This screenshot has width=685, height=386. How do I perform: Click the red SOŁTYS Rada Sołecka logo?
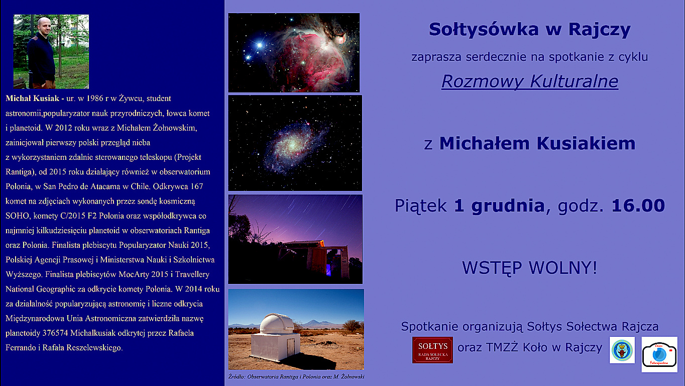point(432,350)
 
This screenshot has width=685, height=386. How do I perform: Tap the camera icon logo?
point(659,354)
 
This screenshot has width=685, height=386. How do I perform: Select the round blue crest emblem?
point(622,350)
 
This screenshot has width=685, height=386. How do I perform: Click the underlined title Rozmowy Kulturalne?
point(530,81)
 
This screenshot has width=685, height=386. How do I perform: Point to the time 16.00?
point(638,206)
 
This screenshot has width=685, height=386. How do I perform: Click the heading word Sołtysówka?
point(484,29)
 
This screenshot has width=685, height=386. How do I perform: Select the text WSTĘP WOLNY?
point(529,268)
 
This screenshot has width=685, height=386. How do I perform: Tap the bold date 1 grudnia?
point(499,206)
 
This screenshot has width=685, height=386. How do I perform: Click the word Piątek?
point(421,206)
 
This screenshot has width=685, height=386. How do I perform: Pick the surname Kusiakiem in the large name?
point(586,143)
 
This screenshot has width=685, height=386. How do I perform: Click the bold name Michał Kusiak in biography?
point(32,99)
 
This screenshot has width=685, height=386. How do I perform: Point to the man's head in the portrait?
point(45,26)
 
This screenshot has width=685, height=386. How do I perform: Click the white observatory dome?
point(276,323)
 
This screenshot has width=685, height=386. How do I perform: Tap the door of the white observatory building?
point(290,348)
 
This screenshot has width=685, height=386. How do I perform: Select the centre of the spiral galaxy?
point(292,144)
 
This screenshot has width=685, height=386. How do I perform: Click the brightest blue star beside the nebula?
point(260,45)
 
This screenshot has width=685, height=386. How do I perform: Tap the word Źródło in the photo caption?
point(237,377)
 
